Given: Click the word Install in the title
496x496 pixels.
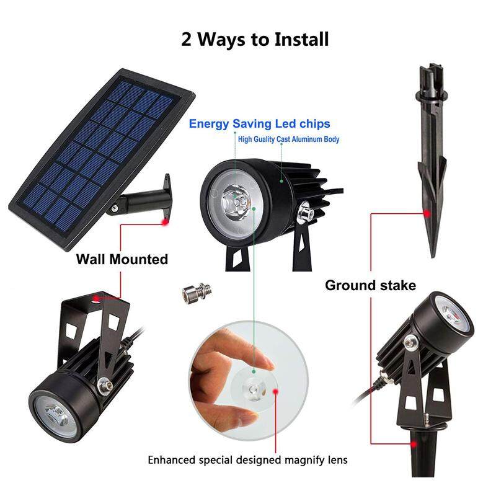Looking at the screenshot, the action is pos(302,40).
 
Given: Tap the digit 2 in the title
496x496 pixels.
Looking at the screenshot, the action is pos(187,40).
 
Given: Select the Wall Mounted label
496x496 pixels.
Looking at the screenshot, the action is pos(122,259).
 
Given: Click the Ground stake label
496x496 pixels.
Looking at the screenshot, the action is pos(370,285).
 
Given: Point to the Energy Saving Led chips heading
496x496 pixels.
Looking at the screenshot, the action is pos(259,123).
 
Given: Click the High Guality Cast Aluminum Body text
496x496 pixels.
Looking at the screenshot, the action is pos(288,139).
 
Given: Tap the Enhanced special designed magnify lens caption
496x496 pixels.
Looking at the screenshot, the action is pos(247,459).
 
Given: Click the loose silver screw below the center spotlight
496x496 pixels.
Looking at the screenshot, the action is pos(197,293).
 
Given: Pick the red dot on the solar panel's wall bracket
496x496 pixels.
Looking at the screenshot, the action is pos(165,222).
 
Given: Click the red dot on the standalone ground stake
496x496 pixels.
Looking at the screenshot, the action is pos(427,214).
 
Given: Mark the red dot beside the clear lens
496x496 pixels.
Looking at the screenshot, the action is pos(275,391).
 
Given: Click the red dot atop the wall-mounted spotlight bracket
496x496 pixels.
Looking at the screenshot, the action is pos(96,298).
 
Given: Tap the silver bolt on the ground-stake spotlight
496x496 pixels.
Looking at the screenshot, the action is pos(410,342).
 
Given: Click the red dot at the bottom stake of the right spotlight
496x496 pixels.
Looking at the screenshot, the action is pos(414,444).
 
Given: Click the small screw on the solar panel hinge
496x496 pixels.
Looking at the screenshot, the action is pos(115,208).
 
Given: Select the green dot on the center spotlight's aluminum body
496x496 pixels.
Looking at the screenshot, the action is pos(281,181).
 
